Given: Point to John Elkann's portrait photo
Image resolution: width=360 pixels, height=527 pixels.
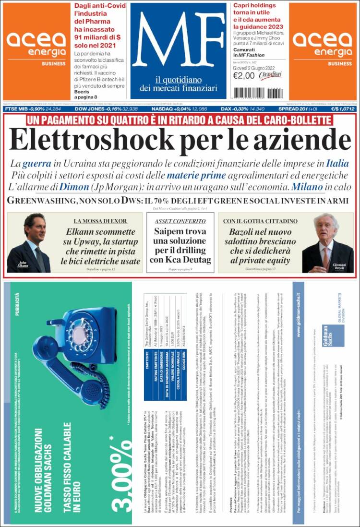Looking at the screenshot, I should coord(29,242).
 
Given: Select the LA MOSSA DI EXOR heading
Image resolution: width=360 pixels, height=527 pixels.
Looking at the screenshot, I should coord(100,221).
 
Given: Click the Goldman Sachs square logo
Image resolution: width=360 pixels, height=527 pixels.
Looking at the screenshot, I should coord(332,335).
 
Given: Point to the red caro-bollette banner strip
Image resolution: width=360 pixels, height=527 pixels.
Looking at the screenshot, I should coord(180,120).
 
